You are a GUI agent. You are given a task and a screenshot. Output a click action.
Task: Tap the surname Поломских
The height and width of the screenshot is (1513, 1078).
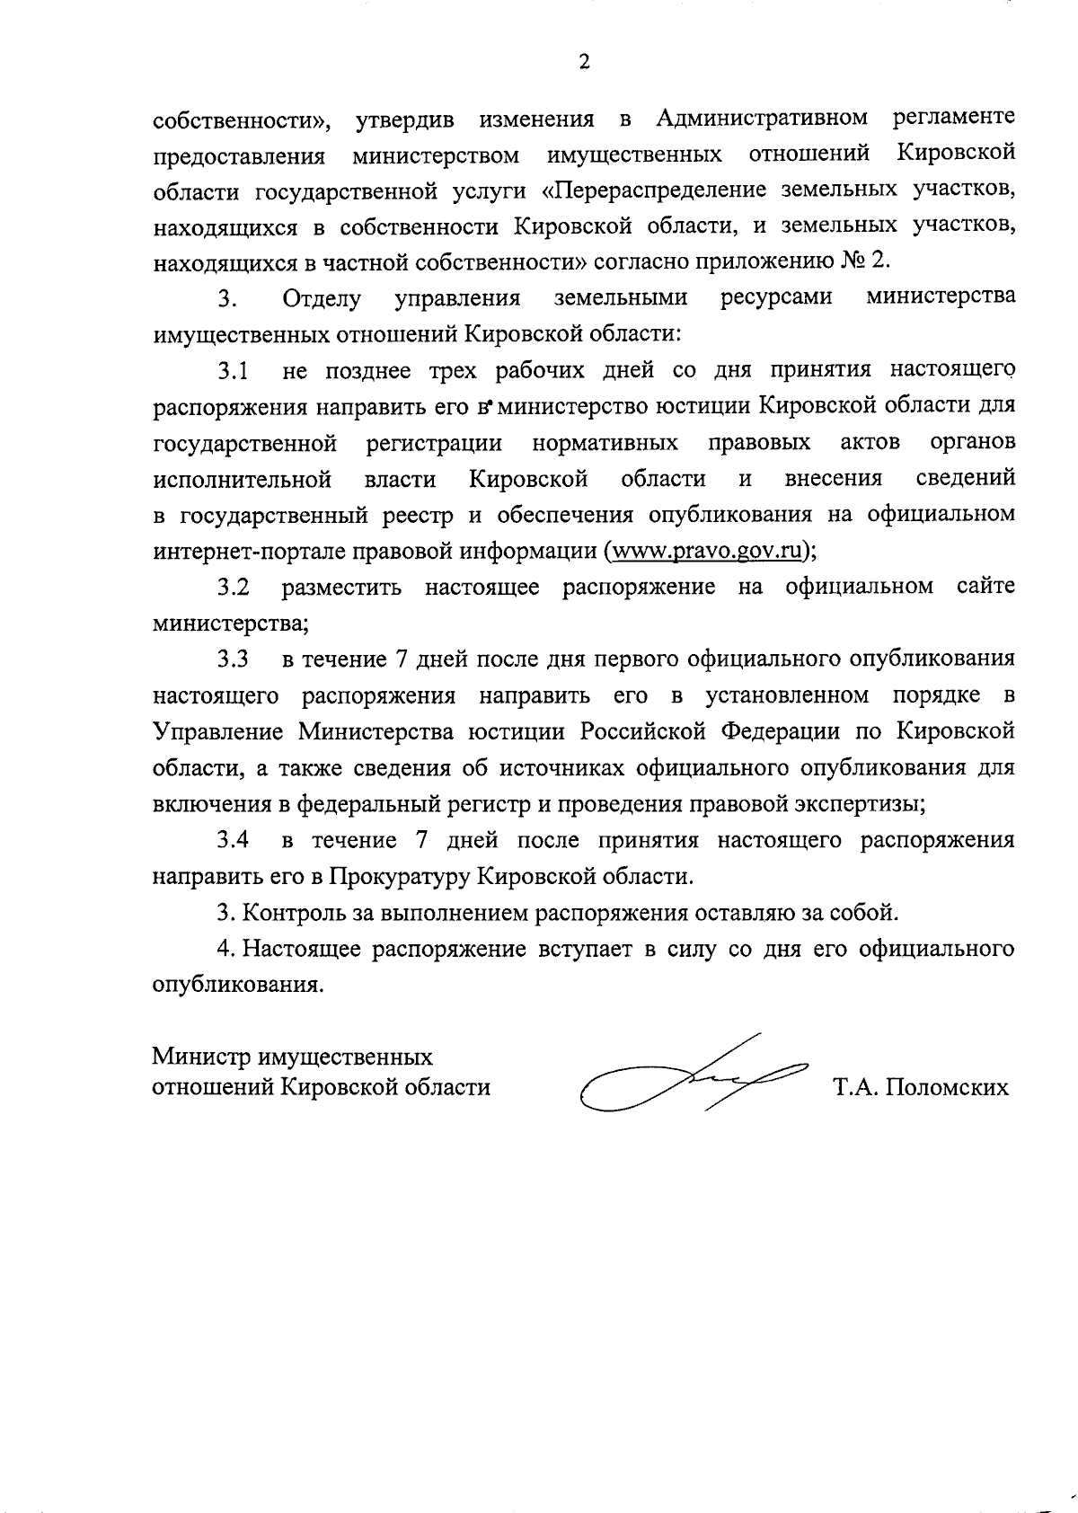tap(947, 1088)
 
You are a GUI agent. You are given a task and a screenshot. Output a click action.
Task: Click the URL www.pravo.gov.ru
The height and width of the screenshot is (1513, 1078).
tap(707, 551)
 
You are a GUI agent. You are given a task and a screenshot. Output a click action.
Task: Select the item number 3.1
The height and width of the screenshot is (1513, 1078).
tap(232, 370)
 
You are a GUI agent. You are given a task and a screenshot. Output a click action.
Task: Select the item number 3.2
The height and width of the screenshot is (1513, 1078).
tap(232, 588)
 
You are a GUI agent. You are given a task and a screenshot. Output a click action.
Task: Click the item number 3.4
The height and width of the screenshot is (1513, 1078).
tap(232, 841)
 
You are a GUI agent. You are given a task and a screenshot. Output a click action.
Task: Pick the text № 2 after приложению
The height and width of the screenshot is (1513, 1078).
tap(863, 261)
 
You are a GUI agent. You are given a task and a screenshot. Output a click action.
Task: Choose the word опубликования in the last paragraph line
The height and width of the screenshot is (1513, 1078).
tap(236, 985)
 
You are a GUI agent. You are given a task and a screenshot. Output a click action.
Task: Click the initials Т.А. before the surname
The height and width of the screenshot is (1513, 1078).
tap(855, 1088)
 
